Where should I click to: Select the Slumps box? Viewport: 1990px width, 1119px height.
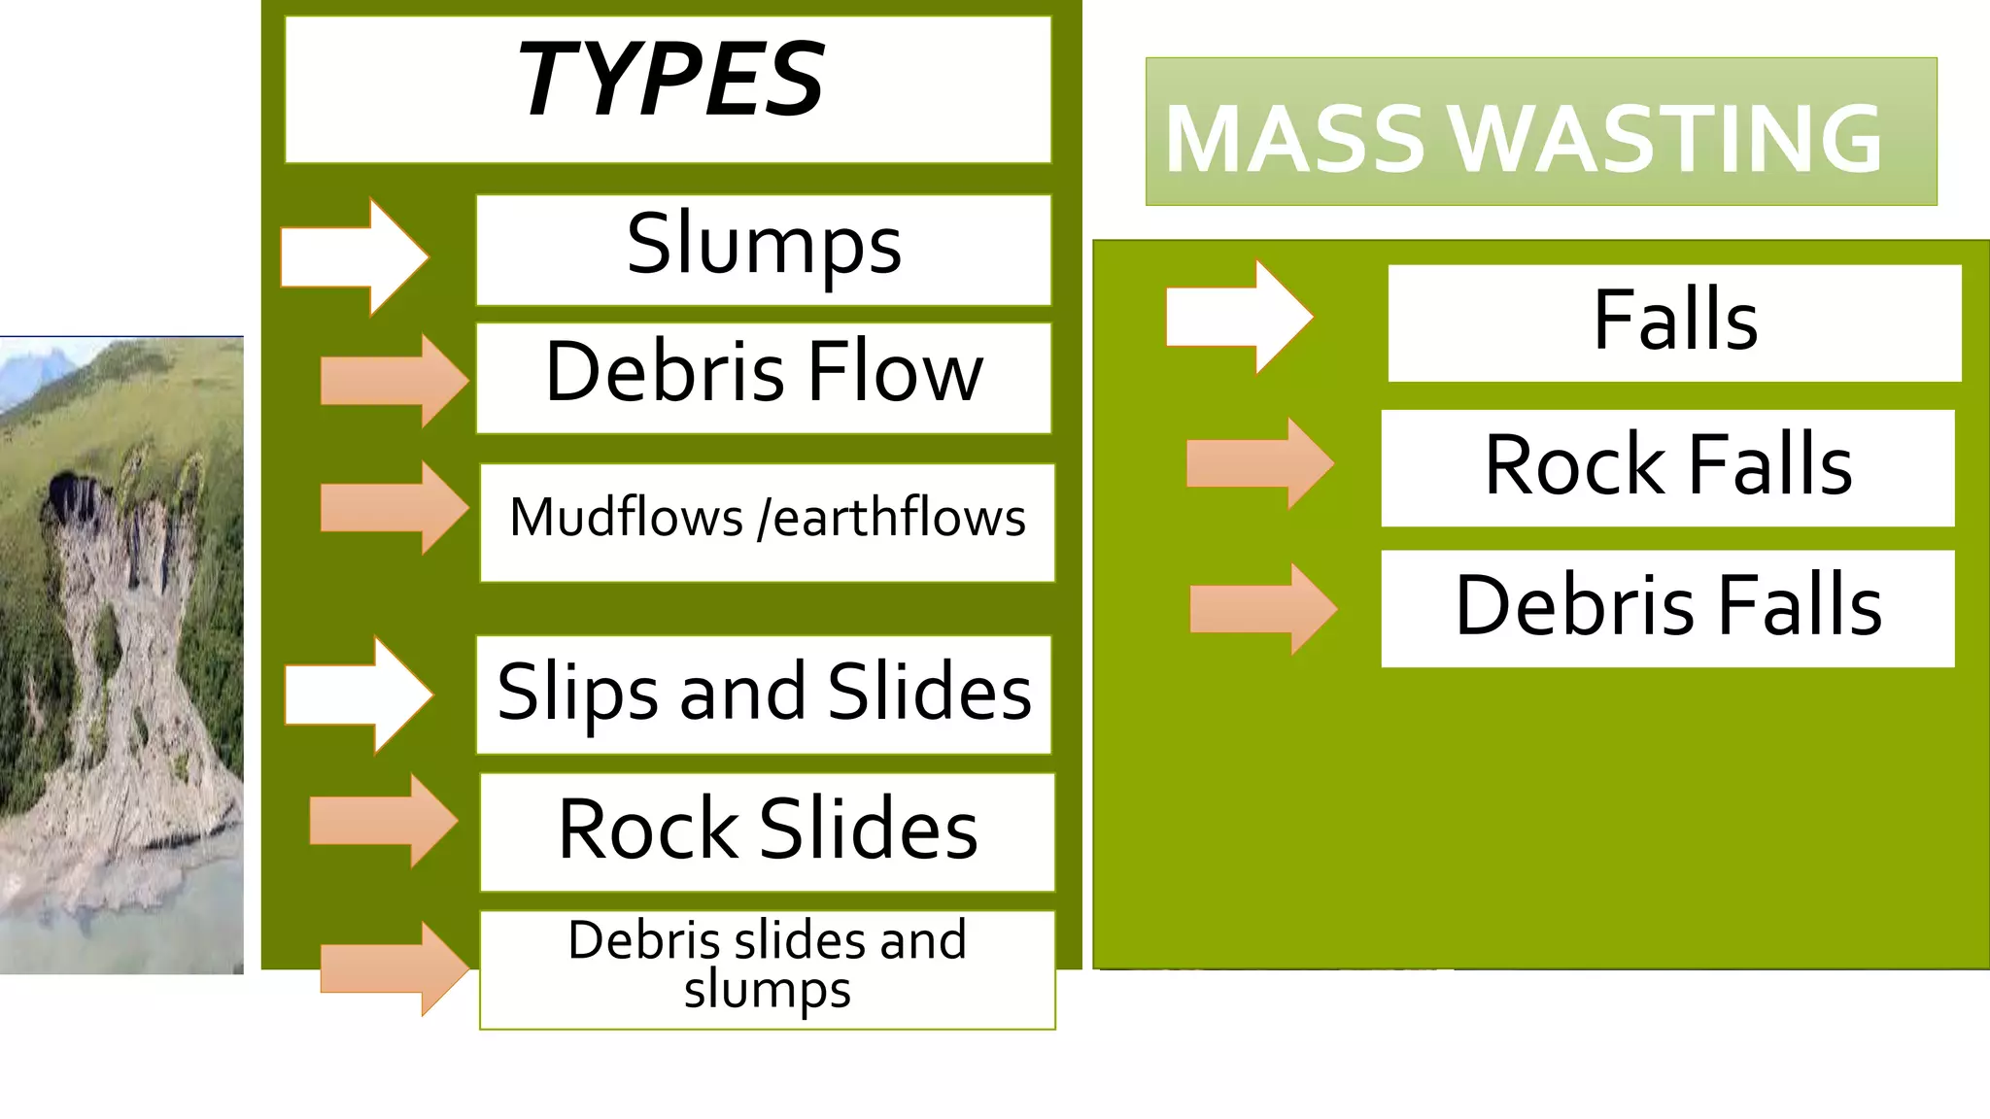[764, 250]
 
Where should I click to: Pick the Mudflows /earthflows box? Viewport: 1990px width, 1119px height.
[767, 521]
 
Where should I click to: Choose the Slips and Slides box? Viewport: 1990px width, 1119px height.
[764, 694]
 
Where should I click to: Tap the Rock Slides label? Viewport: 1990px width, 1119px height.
[767, 831]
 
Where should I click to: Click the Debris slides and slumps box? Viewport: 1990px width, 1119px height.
[767, 967]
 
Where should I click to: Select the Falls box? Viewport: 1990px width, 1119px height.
[1674, 322]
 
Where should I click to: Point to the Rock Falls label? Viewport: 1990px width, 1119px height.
[1667, 467]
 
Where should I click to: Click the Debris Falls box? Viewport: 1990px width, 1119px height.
[1667, 608]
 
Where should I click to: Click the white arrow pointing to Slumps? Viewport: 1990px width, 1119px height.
[356, 256]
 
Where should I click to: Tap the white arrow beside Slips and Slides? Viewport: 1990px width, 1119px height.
[360, 695]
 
